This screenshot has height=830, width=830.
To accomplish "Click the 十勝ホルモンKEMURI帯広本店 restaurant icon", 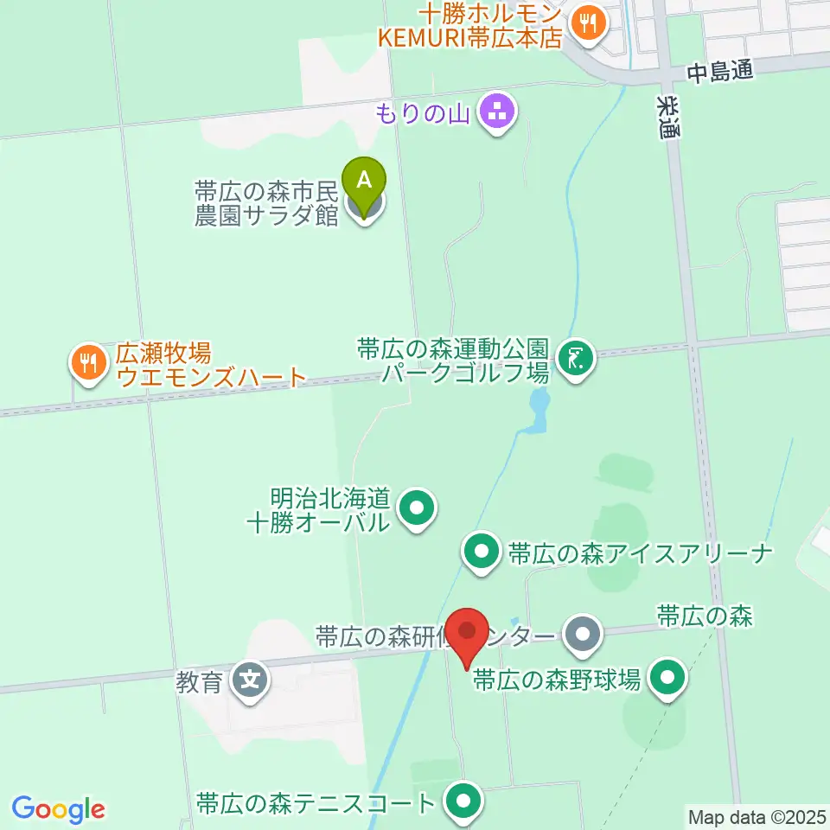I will [590, 24].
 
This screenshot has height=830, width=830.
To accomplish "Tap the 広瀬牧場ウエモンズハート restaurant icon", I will [88, 363].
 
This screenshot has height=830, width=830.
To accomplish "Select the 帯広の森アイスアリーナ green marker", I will [481, 552].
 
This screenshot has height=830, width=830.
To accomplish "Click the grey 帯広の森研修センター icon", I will [583, 635].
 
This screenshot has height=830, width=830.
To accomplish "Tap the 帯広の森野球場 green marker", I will [667, 679].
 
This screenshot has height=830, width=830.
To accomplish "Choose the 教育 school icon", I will [251, 680].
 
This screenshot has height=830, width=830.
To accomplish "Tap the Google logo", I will [59, 809].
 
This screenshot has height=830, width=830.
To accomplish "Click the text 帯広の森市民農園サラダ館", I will [266, 203].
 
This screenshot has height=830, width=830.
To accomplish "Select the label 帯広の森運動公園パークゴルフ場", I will [453, 361].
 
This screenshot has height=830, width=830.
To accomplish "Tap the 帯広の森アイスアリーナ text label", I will [640, 553].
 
